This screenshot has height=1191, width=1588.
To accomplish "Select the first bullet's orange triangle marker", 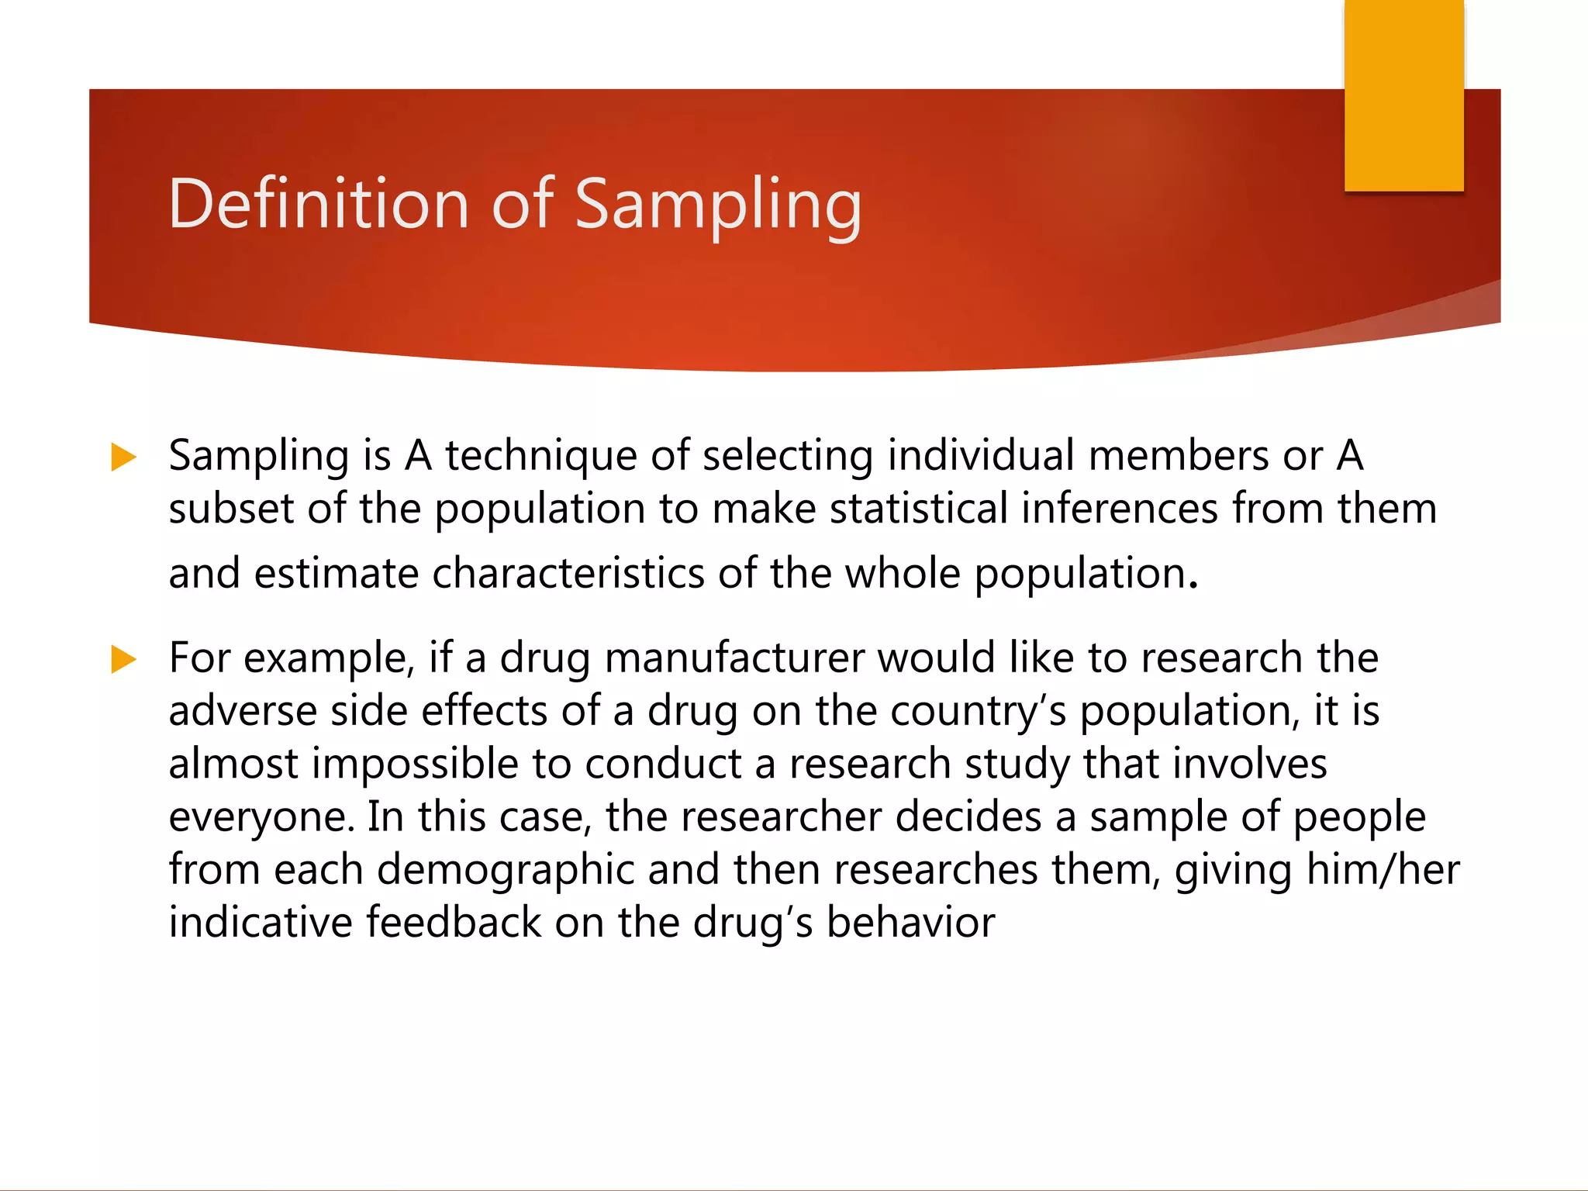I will [x=123, y=457].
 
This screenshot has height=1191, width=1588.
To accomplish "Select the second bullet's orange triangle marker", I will [x=123, y=659].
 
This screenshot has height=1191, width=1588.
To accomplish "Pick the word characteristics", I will [x=568, y=574].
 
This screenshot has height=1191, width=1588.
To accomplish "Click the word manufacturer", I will [x=734, y=658].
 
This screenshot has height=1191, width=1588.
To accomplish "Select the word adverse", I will [x=243, y=711].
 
